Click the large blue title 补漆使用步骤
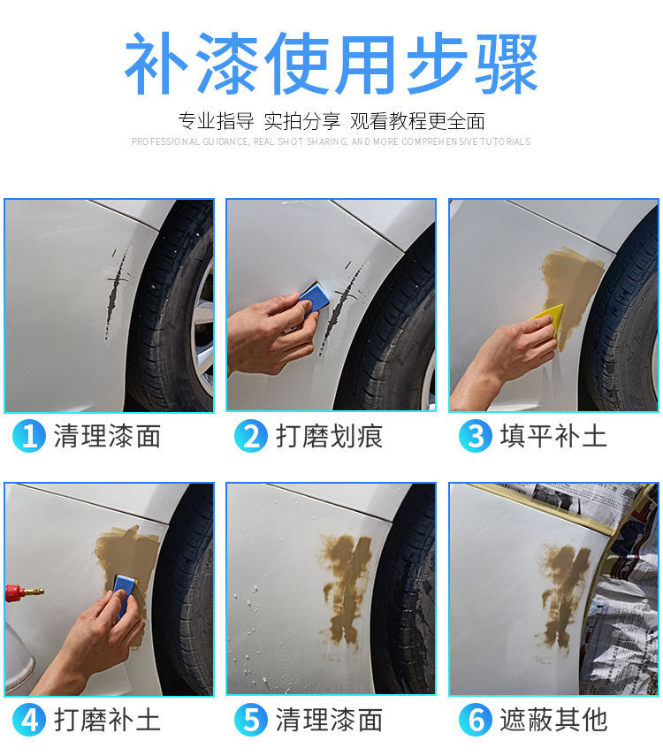(331, 63)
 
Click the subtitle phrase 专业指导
(216, 121)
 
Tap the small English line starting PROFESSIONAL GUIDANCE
(331, 141)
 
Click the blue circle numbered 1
(29, 436)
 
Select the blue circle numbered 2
(251, 436)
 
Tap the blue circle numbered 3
(475, 436)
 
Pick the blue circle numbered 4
(29, 720)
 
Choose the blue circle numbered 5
(251, 720)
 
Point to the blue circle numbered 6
(475, 720)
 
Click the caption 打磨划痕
(330, 436)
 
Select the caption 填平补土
(553, 436)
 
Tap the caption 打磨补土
(107, 721)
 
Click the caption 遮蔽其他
(553, 721)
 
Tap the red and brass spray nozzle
(24, 592)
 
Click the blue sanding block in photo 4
(125, 594)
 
